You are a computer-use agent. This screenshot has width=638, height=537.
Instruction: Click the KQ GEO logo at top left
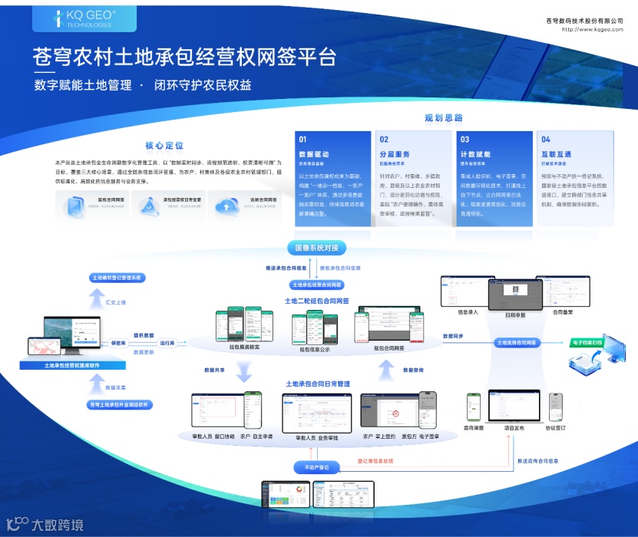click(74, 18)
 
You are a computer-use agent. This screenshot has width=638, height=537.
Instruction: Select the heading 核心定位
click(165, 146)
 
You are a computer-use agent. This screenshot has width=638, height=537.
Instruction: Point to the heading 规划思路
click(444, 118)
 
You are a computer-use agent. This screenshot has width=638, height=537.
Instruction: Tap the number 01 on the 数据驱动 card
click(303, 140)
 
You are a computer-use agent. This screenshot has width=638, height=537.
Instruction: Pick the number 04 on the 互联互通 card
click(545, 140)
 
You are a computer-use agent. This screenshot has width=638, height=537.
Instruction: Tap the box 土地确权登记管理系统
click(118, 278)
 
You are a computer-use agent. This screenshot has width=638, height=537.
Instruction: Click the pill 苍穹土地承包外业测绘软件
click(118, 404)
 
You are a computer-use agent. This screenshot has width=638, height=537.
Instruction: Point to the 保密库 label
click(118, 343)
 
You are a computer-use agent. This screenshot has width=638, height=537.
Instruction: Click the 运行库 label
click(167, 343)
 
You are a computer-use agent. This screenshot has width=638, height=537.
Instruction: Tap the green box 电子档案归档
click(591, 342)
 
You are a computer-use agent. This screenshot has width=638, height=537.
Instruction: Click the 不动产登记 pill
click(316, 466)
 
